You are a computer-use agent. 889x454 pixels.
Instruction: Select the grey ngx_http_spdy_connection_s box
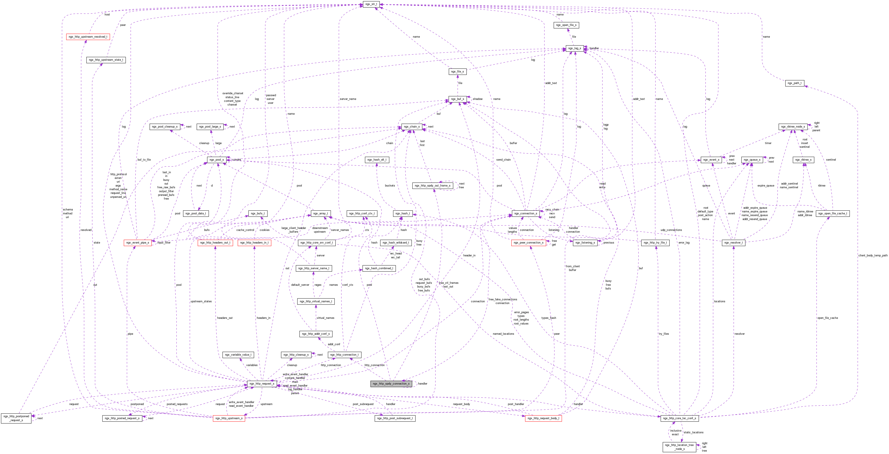(x=391, y=383)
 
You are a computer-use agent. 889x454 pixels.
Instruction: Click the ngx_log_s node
(x=574, y=48)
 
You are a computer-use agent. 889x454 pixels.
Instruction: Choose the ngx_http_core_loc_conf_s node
(x=679, y=418)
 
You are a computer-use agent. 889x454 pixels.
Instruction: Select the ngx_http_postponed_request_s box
(x=16, y=418)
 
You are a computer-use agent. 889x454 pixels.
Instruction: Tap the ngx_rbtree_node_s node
(x=793, y=126)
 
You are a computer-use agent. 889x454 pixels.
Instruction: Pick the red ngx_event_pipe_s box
(x=138, y=242)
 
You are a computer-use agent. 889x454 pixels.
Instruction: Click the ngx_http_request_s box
(x=262, y=383)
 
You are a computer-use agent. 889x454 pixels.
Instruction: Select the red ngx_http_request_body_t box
(x=543, y=418)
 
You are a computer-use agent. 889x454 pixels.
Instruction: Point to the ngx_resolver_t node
(x=733, y=242)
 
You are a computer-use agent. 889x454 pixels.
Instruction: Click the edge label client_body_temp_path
(x=872, y=255)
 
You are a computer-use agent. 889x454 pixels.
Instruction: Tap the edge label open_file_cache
(x=827, y=318)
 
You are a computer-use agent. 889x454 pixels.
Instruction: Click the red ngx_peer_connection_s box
(x=528, y=242)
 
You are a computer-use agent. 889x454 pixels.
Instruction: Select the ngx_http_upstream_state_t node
(x=106, y=60)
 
